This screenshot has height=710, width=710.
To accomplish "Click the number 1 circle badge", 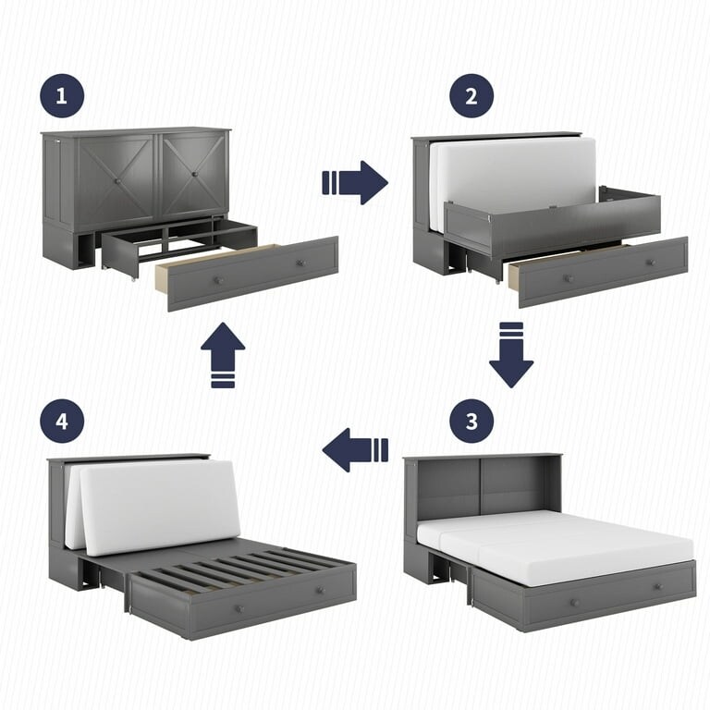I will pos(61,96).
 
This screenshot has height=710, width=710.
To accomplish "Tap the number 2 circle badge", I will pos(471,96).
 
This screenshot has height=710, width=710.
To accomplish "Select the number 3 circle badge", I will pos(471,422).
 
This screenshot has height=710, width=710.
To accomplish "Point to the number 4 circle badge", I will pos(61,422).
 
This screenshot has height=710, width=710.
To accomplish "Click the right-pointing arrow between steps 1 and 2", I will pos(356,182).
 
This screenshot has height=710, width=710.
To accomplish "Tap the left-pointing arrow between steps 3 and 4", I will pos(355,450).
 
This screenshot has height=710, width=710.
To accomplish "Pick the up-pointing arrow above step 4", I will pos(223,354).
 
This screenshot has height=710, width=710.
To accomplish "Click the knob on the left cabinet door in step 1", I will pos(117,182).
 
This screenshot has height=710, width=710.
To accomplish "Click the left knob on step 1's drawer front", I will pos(218,279).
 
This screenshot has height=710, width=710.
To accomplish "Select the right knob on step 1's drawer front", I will pos(301,263).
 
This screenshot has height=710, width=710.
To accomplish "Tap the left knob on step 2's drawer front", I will pos(569,277).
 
